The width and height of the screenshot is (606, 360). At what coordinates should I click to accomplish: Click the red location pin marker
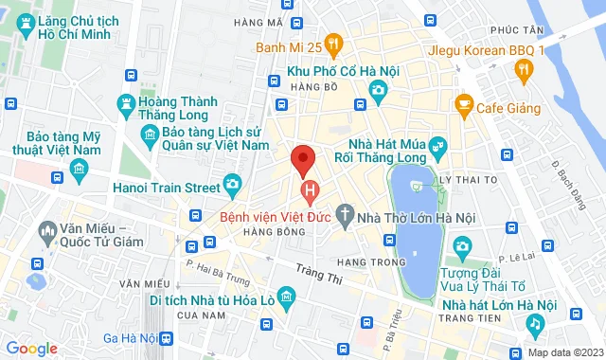(303, 160)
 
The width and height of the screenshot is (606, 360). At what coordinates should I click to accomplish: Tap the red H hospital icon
(310, 193)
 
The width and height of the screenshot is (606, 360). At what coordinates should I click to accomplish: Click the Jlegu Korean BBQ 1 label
(486, 50)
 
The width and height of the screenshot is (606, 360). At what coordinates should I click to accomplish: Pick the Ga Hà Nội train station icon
(168, 338)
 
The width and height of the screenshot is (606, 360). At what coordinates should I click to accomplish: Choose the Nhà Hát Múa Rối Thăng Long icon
(437, 146)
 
